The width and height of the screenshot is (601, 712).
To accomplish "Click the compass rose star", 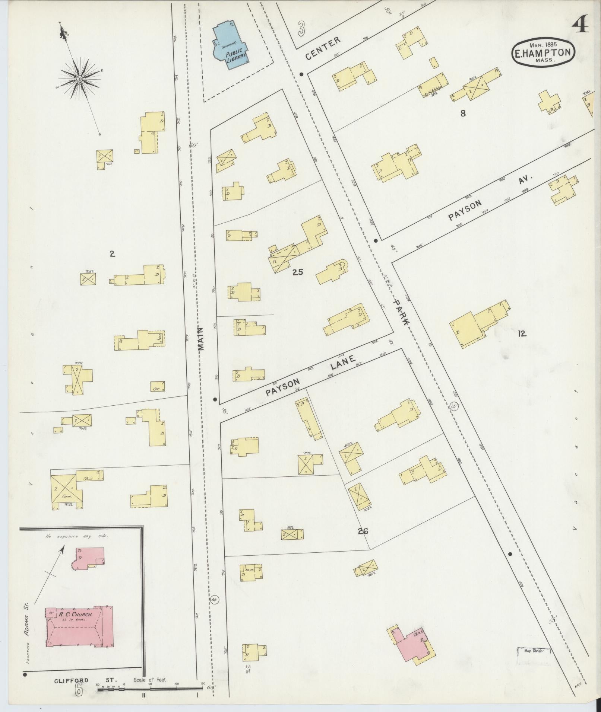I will [x=79, y=79].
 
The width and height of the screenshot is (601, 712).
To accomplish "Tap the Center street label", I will [x=323, y=48].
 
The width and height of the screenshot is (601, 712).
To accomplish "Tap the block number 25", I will [x=298, y=272].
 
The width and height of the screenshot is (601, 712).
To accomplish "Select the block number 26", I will [x=363, y=531].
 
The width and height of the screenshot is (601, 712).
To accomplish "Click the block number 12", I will [x=522, y=333].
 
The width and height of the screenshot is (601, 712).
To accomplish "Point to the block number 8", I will [x=463, y=114].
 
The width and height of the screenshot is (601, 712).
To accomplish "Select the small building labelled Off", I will [x=158, y=386].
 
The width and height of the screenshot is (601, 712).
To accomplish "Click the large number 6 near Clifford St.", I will [x=78, y=690].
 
